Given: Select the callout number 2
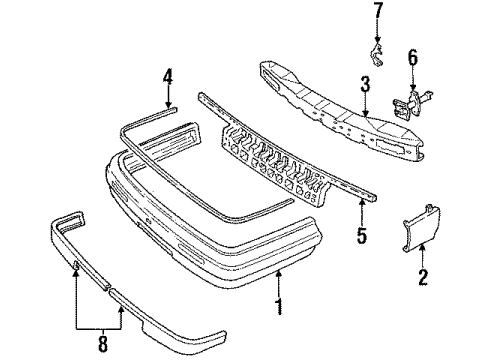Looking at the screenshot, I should pyautogui.click(x=424, y=276).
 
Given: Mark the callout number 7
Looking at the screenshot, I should pyautogui.click(x=378, y=14).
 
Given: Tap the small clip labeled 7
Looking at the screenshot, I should pyautogui.click(x=377, y=56).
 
